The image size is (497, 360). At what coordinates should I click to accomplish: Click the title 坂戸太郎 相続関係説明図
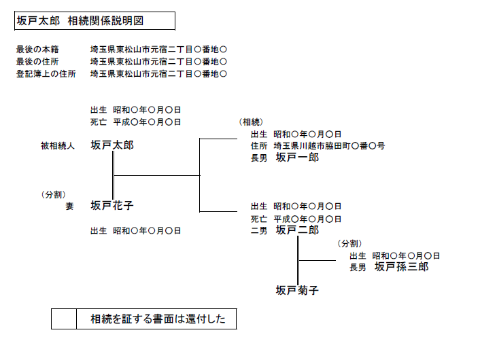80,21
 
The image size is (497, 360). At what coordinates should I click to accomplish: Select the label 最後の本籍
37,50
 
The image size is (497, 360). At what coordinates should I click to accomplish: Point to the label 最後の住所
37,61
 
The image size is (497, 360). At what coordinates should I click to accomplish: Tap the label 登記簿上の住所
46,74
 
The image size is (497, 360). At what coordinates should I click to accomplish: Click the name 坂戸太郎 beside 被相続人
112,145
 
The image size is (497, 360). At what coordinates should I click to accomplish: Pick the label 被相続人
57,146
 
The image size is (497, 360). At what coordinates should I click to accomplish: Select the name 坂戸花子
112,206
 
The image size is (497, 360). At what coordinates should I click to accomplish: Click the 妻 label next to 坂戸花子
70,206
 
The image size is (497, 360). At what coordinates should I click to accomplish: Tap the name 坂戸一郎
297,158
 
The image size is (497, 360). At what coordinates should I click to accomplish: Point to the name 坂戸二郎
297,230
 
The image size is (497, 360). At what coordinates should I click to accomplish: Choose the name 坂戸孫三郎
402,266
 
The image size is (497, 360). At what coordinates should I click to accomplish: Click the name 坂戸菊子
297,290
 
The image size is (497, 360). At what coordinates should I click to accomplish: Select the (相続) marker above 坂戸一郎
251,122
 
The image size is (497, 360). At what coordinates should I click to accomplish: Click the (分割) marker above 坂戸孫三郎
349,243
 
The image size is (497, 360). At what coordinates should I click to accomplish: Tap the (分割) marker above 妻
54,194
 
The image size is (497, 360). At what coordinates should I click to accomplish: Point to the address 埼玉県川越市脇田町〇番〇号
329,146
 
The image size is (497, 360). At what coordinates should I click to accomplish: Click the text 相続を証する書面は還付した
158,319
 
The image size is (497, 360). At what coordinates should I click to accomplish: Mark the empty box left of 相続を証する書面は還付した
64,319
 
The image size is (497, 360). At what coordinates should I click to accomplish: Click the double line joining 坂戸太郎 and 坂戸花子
113,175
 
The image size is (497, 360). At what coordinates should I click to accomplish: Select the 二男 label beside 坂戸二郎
259,231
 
